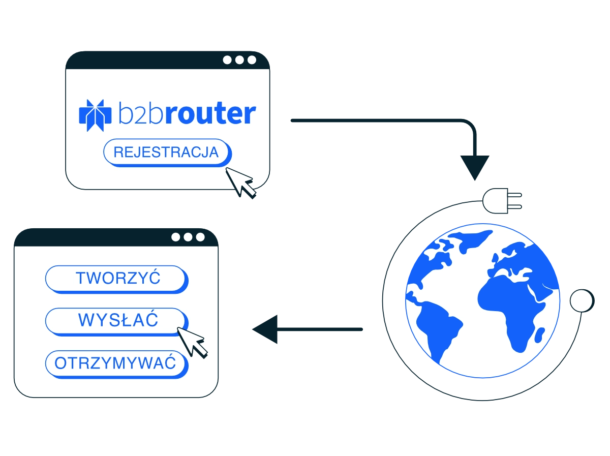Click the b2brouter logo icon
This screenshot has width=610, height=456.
point(95,115)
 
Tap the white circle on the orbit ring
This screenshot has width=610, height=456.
point(581,300)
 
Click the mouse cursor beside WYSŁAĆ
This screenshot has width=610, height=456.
point(191,341)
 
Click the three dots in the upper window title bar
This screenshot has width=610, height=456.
point(239,60)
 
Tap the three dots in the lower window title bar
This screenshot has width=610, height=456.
point(188,237)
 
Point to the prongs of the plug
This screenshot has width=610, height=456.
point(515,200)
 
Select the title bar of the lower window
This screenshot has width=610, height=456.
point(91,237)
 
